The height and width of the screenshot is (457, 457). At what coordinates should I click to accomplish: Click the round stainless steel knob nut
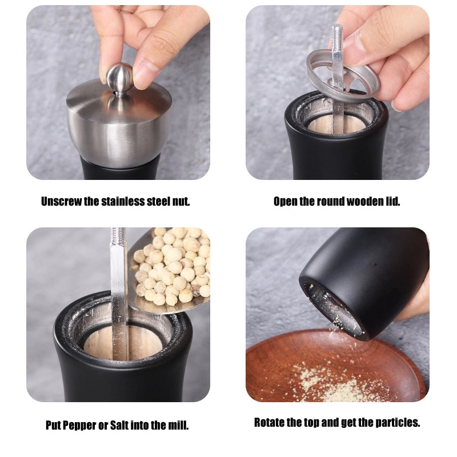tap(119, 78)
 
